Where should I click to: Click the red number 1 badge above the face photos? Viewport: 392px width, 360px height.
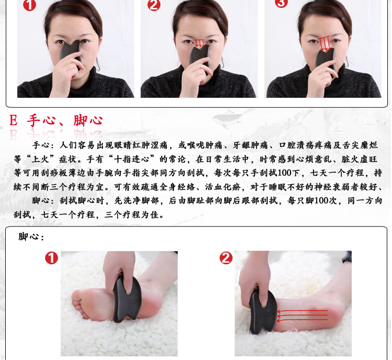(x=29, y=5)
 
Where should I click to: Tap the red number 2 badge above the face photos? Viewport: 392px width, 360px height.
(x=154, y=5)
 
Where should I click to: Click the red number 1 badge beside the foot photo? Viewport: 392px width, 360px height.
(x=52, y=258)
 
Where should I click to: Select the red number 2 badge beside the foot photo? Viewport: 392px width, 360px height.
(x=226, y=258)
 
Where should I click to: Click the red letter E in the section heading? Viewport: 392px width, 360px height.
(x=13, y=121)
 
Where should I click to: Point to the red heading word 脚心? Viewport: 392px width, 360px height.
(x=88, y=120)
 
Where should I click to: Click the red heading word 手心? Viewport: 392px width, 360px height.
(x=41, y=120)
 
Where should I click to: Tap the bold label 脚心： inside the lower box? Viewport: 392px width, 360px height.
(x=31, y=237)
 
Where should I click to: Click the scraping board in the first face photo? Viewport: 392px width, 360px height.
(x=71, y=53)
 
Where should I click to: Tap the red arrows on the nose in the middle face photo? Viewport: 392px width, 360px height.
(x=200, y=43)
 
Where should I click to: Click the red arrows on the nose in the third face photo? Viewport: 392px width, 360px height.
(x=325, y=43)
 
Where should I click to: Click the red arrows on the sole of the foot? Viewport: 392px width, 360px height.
(x=303, y=316)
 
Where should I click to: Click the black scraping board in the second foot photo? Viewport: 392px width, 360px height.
(x=262, y=312)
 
